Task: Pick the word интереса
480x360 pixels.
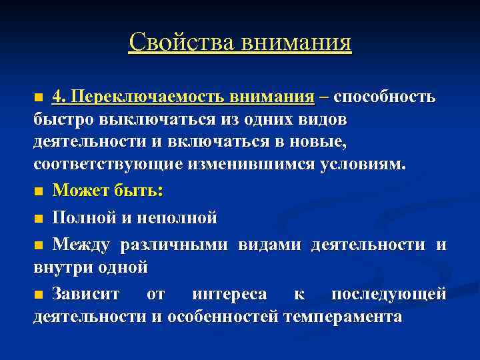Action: (x=229, y=294)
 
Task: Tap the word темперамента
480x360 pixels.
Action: (x=343, y=317)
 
